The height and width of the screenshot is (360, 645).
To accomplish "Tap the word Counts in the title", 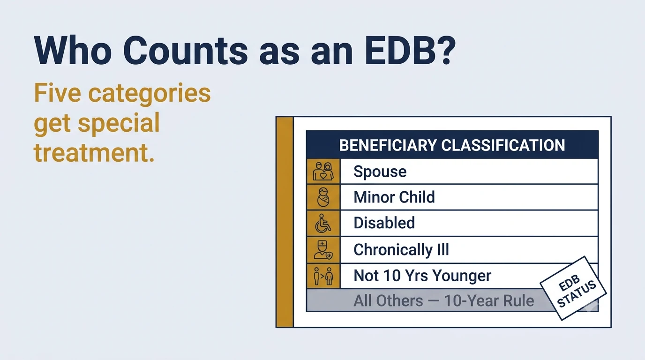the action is [185, 51].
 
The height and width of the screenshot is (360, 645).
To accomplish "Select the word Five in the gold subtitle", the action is [58, 93].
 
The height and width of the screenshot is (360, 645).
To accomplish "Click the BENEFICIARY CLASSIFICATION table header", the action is [452, 145].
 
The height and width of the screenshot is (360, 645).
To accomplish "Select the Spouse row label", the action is [380, 172].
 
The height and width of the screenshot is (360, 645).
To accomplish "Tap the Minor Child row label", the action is [394, 197].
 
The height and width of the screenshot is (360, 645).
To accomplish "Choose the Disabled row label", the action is [384, 223].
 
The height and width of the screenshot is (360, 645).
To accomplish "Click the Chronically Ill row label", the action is [401, 249].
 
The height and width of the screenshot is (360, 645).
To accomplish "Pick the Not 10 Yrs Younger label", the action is [422, 276].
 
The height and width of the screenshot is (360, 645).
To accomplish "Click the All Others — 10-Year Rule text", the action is [444, 300].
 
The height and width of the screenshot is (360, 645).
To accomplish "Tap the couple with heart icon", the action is [323, 171].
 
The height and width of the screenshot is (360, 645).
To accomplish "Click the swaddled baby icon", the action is [323, 197].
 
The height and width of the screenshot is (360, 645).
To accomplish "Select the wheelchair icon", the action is [323, 223].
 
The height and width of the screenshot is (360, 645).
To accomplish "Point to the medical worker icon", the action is [323, 250].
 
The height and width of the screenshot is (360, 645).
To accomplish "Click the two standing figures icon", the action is [323, 276].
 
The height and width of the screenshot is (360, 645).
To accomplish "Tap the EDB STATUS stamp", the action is [573, 288].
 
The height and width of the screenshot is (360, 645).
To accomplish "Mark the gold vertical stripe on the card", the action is [285, 222].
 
